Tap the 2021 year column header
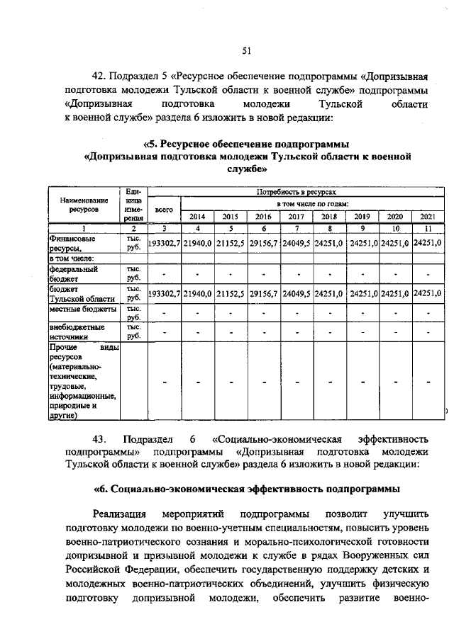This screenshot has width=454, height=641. pos(427,216)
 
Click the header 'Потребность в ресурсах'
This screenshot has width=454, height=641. pos(297,192)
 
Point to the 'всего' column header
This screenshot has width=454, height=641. pos(164,210)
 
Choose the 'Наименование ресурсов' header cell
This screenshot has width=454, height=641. pos(84,205)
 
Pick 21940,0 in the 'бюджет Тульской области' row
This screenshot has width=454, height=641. pos(197,293)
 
